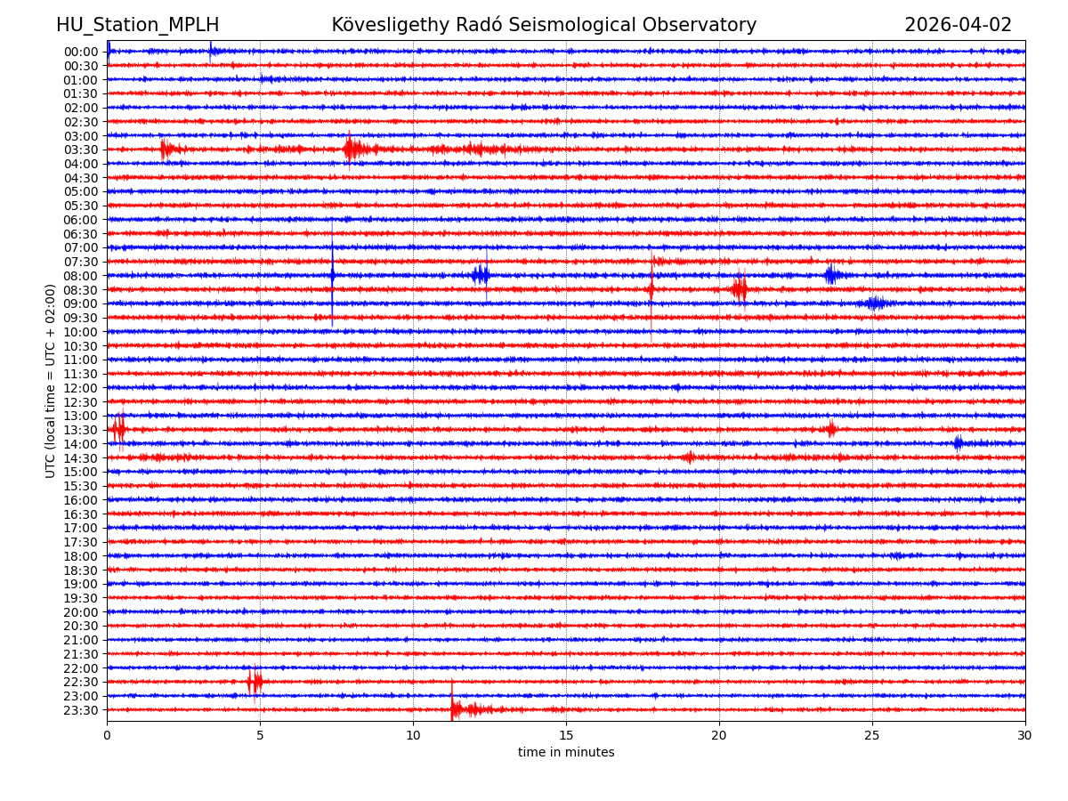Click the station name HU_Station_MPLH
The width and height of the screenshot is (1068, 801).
[x=137, y=26]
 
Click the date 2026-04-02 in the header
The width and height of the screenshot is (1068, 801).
[x=958, y=26]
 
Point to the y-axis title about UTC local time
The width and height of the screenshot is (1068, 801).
[x=51, y=380]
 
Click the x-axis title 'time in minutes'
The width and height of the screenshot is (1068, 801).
[x=566, y=753]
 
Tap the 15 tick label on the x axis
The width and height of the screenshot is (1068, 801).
[x=566, y=736]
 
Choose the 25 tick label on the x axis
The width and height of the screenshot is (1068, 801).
[x=872, y=736]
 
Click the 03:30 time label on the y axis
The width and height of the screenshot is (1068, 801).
[x=80, y=150]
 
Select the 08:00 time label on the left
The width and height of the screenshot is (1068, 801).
[x=80, y=276]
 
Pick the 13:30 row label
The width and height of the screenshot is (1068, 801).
[x=80, y=430]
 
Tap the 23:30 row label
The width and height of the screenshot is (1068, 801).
[x=80, y=710]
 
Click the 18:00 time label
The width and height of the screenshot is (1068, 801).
[x=80, y=556]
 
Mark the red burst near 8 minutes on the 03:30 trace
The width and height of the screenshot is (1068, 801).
[x=352, y=149]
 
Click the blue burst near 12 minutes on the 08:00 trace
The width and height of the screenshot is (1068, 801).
[x=481, y=275]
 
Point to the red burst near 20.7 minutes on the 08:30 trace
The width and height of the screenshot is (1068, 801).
[x=740, y=288]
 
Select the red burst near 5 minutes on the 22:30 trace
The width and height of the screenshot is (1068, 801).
[x=255, y=682]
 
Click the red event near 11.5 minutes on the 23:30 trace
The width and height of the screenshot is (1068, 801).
[x=457, y=709]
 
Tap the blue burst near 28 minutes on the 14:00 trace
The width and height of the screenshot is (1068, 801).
[x=958, y=443]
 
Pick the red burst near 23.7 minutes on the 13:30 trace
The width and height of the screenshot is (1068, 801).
[x=831, y=429]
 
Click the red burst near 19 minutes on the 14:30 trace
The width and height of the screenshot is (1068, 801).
[x=688, y=457]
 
